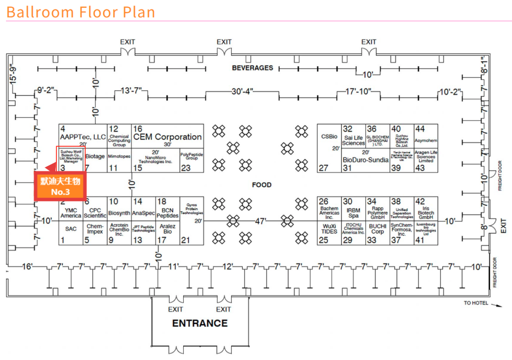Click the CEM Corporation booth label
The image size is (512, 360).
click(168, 137)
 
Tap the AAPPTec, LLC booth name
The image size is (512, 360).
click(83, 137)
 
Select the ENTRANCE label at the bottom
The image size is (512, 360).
click(200, 323)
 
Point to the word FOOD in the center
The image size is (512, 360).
click(262, 185)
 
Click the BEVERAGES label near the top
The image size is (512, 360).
click(252, 68)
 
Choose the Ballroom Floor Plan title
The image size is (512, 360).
click(80, 11)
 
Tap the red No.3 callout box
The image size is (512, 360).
click(57, 186)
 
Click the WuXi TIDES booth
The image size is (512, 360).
click(328, 229)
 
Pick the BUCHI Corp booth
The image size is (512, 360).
click(378, 229)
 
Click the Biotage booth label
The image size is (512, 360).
click(95, 156)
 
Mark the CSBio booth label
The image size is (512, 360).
click(329, 136)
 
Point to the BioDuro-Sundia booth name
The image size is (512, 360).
click(365, 160)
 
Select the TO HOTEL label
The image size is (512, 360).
click(476, 303)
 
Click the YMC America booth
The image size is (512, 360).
click(71, 213)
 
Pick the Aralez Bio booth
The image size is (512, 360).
click(168, 229)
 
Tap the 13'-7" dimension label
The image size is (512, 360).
click(131, 91)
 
